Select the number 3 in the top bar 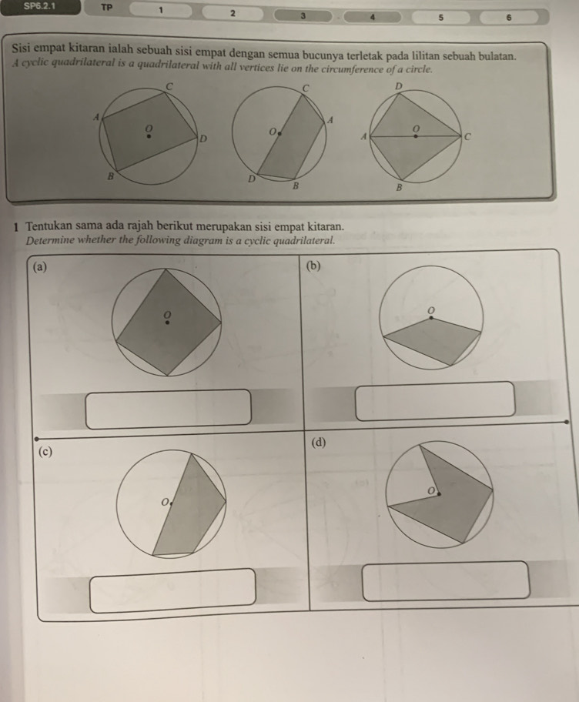(303, 15)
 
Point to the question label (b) (313, 266)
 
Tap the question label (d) (319, 443)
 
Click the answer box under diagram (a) (169, 408)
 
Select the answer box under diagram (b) (435, 400)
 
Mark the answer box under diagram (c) (172, 590)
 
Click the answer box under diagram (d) (447, 580)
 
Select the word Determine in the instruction (52, 240)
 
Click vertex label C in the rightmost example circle (467, 135)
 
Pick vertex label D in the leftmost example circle (203, 138)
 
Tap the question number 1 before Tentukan (15, 227)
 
